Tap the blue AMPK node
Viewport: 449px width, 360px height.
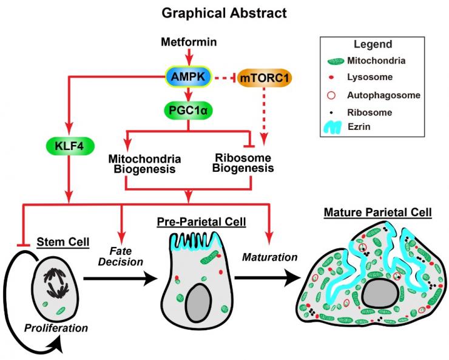coord(189,77)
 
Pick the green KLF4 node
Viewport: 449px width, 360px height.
coord(70,146)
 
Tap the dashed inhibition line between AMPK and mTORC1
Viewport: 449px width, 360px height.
coord(224,78)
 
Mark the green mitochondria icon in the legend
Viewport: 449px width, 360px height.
coord(334,61)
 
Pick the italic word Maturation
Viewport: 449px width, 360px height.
coord(270,257)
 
